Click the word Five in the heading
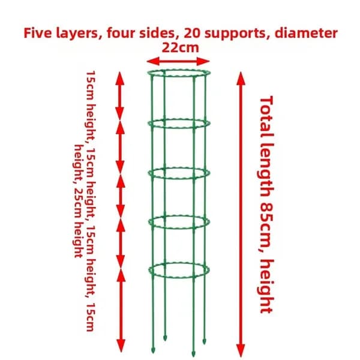38,32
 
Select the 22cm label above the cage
180,47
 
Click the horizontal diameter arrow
178,61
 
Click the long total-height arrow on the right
241,214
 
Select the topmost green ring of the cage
179,70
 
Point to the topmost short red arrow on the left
119,96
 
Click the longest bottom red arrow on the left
121,311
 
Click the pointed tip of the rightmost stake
204,344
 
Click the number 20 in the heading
192,32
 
